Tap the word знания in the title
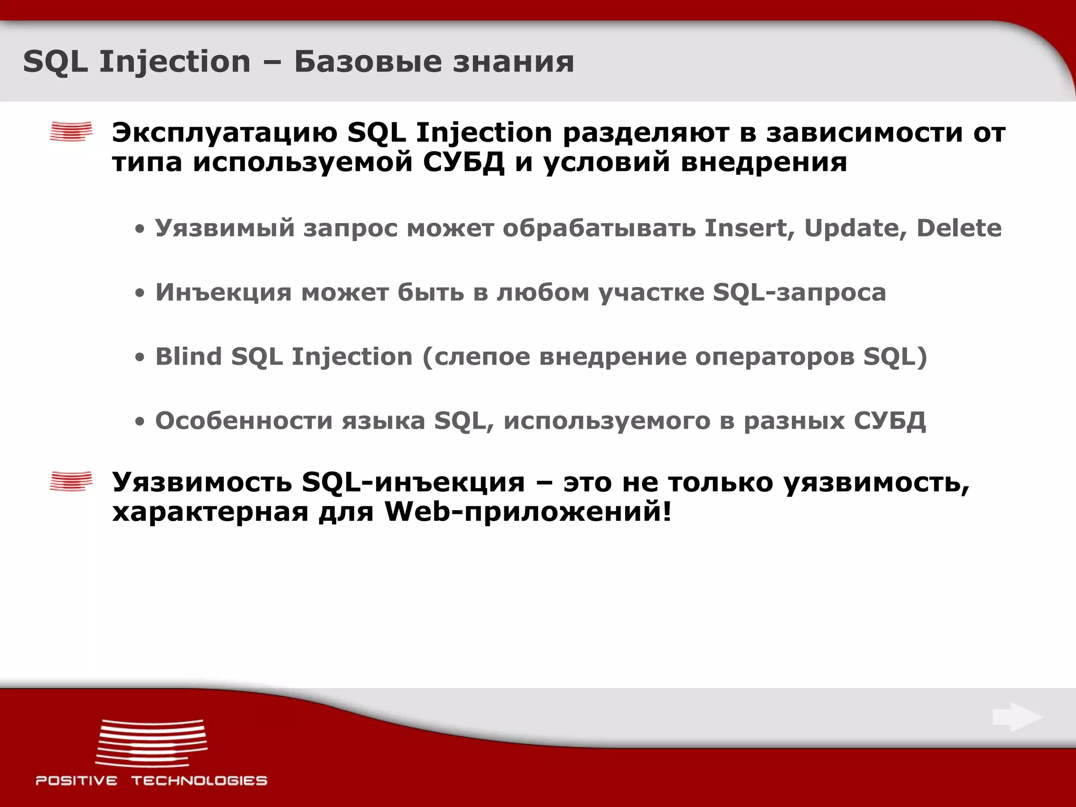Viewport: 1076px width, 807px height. coord(513,62)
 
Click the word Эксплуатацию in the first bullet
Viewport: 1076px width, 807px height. coord(225,133)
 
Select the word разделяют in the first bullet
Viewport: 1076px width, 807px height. coord(646,133)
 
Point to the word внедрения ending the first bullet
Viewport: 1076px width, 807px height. coord(763,162)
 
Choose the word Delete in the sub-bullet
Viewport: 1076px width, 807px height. coord(959,228)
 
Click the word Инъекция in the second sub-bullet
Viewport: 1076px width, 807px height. coord(223,293)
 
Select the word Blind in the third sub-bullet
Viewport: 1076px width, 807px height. coord(189,357)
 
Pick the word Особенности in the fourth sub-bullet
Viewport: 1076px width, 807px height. coord(244,421)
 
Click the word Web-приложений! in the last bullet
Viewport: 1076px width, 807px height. coord(528,511)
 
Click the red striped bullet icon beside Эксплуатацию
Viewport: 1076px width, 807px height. coord(71,132)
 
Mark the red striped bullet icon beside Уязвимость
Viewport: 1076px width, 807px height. coord(71,481)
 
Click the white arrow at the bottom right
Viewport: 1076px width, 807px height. coord(1017,717)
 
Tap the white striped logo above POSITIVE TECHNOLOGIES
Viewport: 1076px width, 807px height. coord(151,742)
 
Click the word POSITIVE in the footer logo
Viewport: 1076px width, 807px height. coord(77,781)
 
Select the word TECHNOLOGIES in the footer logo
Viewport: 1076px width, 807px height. coord(199,781)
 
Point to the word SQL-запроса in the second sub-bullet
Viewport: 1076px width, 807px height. coord(799,293)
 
